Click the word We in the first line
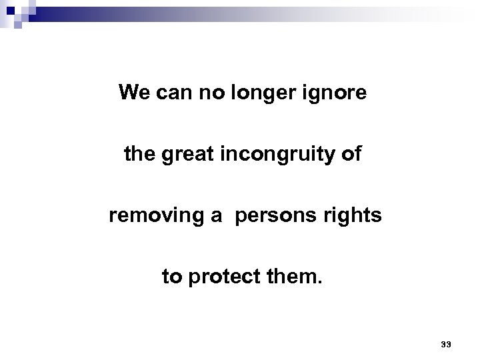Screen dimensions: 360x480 pos(133,92)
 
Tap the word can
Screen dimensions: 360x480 pos(172,93)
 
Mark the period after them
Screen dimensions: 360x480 pos(319,282)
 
